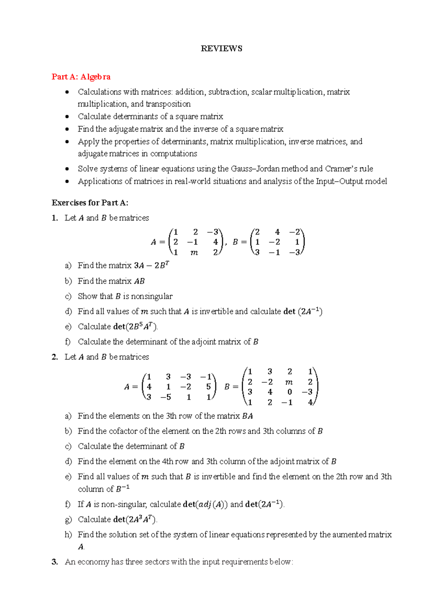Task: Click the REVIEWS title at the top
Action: pos(221,49)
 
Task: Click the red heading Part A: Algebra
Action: pos(81,77)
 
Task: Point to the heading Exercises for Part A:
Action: pos(90,203)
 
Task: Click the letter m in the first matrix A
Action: pos(194,253)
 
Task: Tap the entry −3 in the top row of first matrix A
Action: pos(213,232)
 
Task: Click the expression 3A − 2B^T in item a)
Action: pos(152,266)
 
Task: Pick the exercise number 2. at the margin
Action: pos(55,357)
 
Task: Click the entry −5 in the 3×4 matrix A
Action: pos(166,397)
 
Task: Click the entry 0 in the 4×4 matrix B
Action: pos(289,392)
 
